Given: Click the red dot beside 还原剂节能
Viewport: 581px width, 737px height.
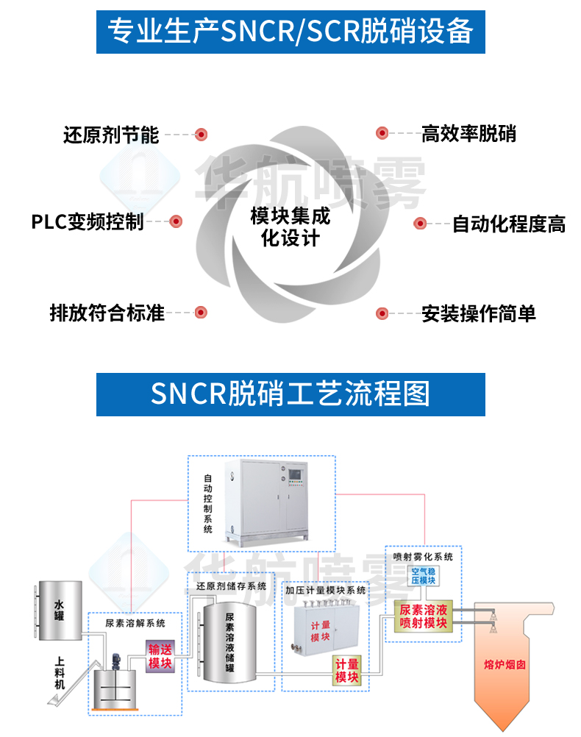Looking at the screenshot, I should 201,135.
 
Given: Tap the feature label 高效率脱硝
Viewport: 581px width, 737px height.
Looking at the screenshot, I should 468,134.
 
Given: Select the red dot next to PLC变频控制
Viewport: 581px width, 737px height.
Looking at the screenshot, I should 176,221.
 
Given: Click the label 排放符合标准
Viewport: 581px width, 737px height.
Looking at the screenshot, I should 107,313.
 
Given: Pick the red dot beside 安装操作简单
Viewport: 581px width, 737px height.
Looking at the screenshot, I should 382,314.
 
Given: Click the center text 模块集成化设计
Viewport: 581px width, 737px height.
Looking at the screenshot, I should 290,227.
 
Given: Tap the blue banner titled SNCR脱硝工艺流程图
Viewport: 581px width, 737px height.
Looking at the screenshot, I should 290,394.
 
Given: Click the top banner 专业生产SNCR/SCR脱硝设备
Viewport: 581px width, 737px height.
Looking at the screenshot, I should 290,31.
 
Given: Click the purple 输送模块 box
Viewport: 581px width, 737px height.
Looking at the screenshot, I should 160,655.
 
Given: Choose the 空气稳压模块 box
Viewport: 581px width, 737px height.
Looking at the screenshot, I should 424,576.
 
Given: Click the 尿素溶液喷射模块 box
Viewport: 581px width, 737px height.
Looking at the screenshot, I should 424,616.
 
